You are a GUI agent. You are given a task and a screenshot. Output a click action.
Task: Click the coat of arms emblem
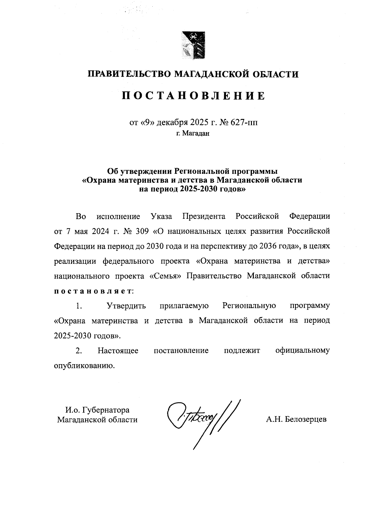pyautogui.click(x=193, y=45)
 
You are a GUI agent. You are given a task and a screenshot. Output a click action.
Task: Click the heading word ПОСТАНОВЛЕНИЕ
pyautogui.click(x=193, y=96)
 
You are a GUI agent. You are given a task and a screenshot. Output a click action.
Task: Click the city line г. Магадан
pyautogui.click(x=193, y=133)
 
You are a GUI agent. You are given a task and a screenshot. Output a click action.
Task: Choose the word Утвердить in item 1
pyautogui.click(x=126, y=306)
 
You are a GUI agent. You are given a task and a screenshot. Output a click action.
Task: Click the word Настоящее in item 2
pyautogui.click(x=118, y=350)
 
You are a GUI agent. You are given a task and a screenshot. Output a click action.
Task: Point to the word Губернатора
pyautogui.click(x=108, y=410)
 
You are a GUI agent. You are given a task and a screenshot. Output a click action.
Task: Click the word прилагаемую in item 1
pyautogui.click(x=184, y=306)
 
